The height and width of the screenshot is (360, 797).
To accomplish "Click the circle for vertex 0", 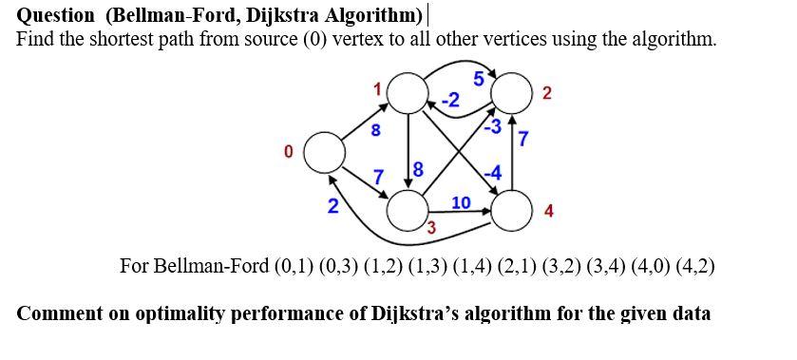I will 324,152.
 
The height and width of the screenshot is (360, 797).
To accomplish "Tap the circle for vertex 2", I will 514,93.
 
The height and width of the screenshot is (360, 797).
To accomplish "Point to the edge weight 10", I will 461,202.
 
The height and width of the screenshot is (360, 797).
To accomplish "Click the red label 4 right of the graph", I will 549,211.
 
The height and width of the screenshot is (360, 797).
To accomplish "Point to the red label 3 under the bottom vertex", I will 430,227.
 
